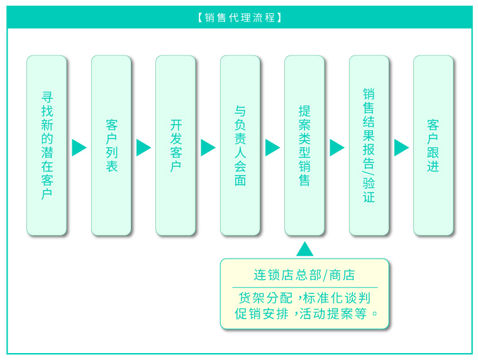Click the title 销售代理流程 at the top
(240, 18)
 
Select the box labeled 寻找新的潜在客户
(47, 145)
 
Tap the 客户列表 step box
(111, 145)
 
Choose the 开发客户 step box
(175, 145)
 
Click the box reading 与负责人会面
(240, 145)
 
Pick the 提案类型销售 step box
(304, 145)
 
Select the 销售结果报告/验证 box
(369, 145)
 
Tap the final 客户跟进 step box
(433, 145)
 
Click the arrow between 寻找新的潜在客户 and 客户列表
(79, 147)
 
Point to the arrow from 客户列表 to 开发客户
(143, 147)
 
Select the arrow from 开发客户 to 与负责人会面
(208, 147)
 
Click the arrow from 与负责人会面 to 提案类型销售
(272, 147)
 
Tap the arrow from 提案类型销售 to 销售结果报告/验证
(336, 147)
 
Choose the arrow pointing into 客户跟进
(401, 147)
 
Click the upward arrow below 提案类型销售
(304, 249)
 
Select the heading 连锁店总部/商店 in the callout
(304, 275)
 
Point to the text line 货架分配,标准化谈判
(304, 298)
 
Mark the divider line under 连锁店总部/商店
(304, 287)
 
